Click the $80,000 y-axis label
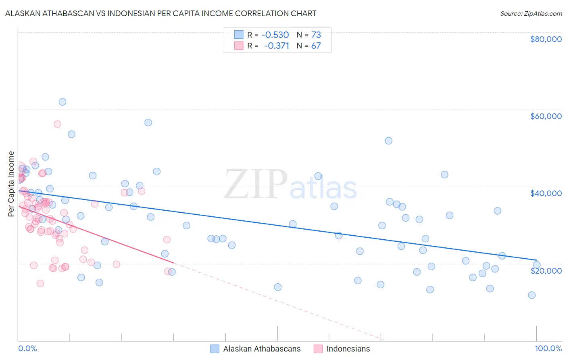click(546, 39)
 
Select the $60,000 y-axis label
click(546, 116)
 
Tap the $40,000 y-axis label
click(546, 193)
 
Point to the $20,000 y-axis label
click(546, 270)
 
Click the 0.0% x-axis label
click(27, 349)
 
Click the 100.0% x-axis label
click(548, 349)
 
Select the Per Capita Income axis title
click(11, 184)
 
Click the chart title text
click(161, 13)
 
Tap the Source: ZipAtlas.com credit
click(531, 13)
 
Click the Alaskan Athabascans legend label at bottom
click(262, 349)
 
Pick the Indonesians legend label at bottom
click(348, 349)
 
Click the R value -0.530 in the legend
click(275, 35)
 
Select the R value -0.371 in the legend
click(276, 46)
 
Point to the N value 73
click(316, 35)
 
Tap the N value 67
click(316, 46)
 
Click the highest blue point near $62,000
click(63, 102)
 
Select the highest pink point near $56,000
click(57, 124)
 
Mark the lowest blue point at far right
click(532, 295)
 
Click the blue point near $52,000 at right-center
click(388, 141)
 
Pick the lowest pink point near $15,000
click(40, 283)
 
